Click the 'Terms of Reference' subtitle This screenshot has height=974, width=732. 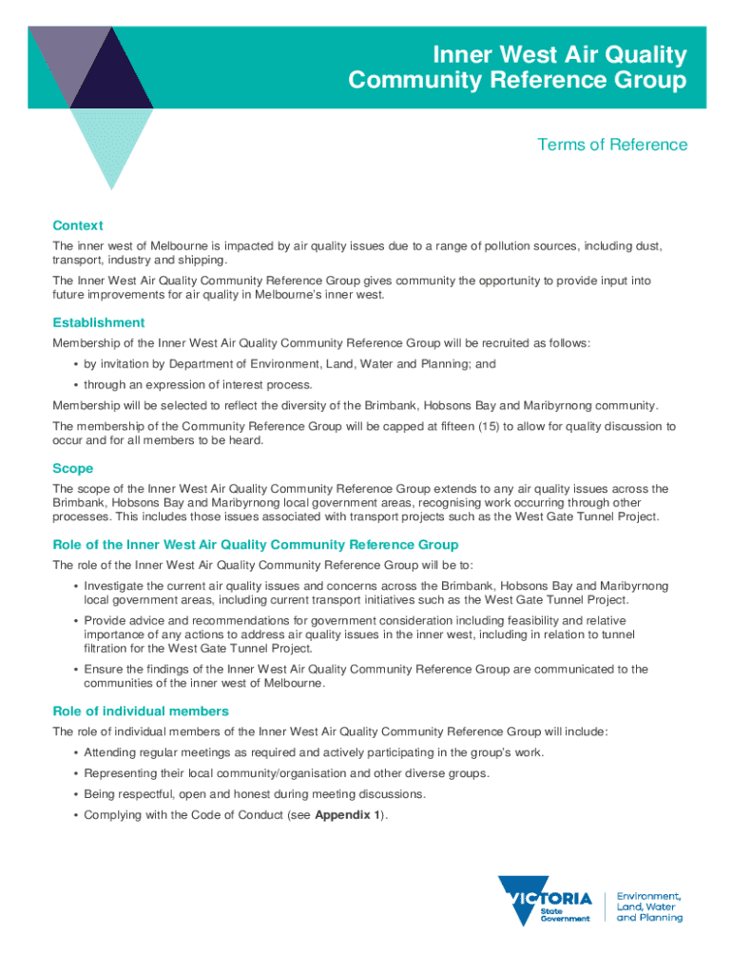pyautogui.click(x=611, y=145)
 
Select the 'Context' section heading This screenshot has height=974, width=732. pyautogui.click(x=77, y=225)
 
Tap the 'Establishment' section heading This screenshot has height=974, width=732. pyautogui.click(x=99, y=322)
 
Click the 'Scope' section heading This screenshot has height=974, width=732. pyautogui.click(x=72, y=468)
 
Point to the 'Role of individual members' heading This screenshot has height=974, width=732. pyautogui.click(x=141, y=711)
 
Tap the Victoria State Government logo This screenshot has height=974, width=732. pyautogui.click(x=546, y=899)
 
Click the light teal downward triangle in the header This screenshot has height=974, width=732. pyautogui.click(x=112, y=143)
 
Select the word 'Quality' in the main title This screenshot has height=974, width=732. pyautogui.click(x=639, y=54)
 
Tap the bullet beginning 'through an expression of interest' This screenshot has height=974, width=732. pyautogui.click(x=198, y=385)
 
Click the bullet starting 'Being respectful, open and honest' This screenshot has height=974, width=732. pyautogui.click(x=255, y=793)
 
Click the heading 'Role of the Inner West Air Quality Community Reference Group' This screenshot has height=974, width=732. pyautogui.click(x=256, y=545)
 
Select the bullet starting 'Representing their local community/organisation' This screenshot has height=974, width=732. pyautogui.click(x=286, y=773)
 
